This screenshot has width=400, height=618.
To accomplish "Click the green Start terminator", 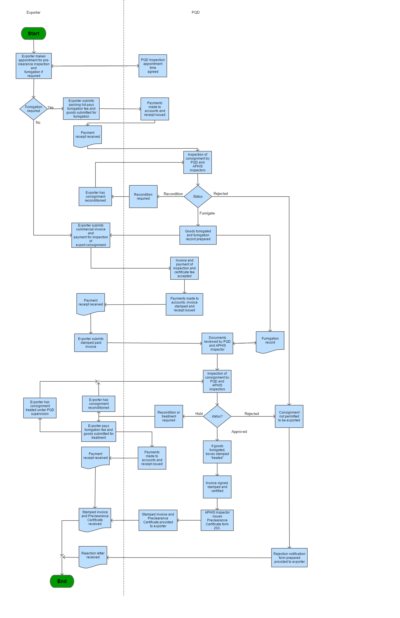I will tap(34, 34).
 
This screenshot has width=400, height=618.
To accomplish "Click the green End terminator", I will tap(62, 581).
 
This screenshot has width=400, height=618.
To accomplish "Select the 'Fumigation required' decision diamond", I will tap(34, 109).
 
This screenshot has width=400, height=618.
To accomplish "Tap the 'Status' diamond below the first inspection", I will tap(198, 197).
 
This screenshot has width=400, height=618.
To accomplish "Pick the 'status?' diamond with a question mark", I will tap(217, 416).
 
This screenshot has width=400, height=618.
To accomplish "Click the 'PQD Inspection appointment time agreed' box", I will tap(153, 66).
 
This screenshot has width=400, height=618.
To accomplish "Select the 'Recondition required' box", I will tap(143, 197).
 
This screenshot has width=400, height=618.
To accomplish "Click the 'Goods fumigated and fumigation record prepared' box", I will tap(198, 235).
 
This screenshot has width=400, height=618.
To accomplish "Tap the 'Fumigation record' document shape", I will tap(270, 341).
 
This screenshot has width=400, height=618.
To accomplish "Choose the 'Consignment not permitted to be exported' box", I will tap(289, 416).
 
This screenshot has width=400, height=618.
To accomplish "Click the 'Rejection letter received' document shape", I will tap(93, 556).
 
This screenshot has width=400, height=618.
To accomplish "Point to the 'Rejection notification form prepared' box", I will tap(289, 558).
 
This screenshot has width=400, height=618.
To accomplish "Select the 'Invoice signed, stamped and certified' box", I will tap(217, 487).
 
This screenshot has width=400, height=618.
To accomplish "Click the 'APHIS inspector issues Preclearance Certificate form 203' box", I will tap(217, 520).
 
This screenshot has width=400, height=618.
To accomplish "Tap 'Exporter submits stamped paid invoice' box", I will tap(91, 343).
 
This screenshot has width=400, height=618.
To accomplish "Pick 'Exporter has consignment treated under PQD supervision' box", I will tap(40, 408).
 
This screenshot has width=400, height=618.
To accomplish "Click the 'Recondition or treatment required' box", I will tap(169, 416).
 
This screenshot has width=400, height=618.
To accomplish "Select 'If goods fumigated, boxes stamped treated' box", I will tap(217, 452).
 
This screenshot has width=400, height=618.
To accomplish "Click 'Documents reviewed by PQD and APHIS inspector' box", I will tap(217, 344).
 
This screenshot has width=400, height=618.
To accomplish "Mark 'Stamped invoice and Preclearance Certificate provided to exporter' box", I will tap(158, 520).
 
